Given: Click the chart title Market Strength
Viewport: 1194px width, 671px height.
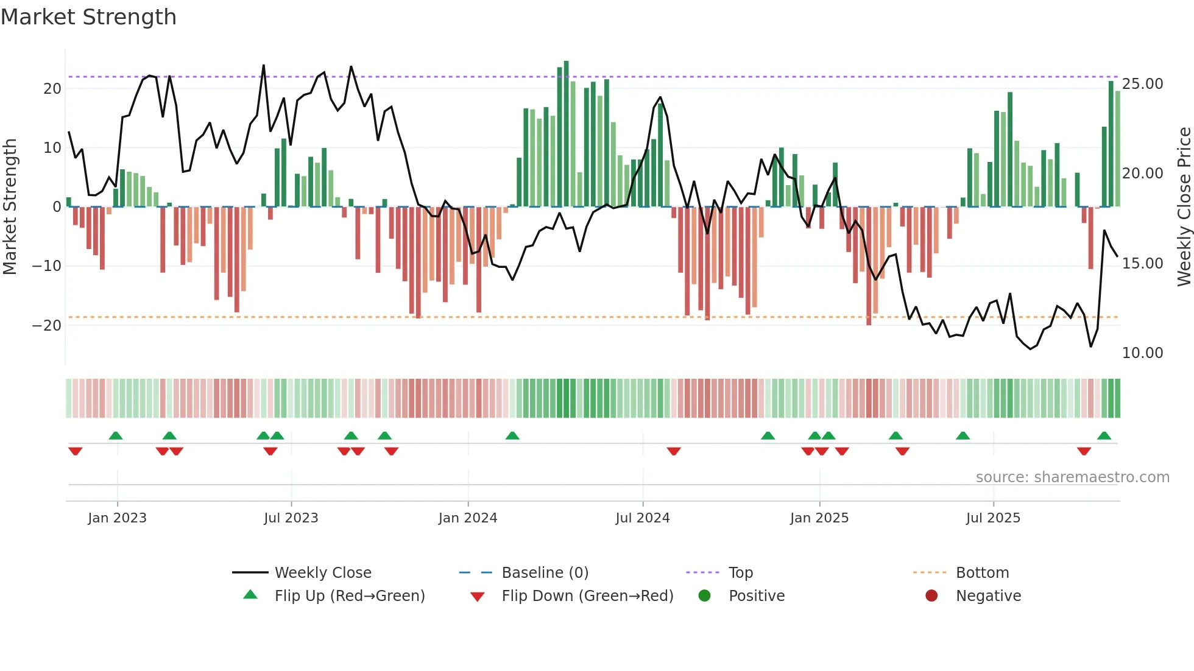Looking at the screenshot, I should [88, 17].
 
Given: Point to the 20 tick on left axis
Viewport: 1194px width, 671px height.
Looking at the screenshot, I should [52, 89].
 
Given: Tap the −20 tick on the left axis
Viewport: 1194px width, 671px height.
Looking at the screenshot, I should [47, 325].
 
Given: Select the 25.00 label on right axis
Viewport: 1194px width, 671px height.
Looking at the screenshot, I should [1142, 84].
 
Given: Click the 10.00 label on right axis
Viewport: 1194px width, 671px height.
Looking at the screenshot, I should [1142, 353].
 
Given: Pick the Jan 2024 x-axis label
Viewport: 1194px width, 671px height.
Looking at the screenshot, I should [467, 518].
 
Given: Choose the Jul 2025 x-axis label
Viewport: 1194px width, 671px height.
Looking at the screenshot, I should [992, 518].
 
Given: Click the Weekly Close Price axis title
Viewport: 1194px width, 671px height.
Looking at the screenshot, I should [1184, 207].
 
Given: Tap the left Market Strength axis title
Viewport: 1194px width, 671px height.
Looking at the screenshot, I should [10, 207].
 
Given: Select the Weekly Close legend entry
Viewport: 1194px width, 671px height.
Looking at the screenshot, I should [322, 573].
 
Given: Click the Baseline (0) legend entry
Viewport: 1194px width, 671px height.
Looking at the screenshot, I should [545, 573].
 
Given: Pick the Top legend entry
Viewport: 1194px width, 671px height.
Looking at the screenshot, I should [740, 573].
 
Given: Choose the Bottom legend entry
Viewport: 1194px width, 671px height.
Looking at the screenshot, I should [982, 573].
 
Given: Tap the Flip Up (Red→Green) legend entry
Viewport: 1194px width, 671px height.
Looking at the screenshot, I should [349, 596].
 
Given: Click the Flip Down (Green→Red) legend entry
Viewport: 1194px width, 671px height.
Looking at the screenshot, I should [587, 596].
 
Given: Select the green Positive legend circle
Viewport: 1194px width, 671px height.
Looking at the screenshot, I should [704, 596].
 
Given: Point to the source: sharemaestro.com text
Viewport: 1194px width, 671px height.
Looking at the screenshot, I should [1072, 477].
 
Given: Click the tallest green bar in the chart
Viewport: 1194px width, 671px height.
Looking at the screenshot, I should [566, 134].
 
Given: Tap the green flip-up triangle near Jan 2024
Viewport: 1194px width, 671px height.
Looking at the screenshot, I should [512, 436].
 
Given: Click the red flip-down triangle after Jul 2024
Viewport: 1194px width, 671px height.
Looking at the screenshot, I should [673, 451].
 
